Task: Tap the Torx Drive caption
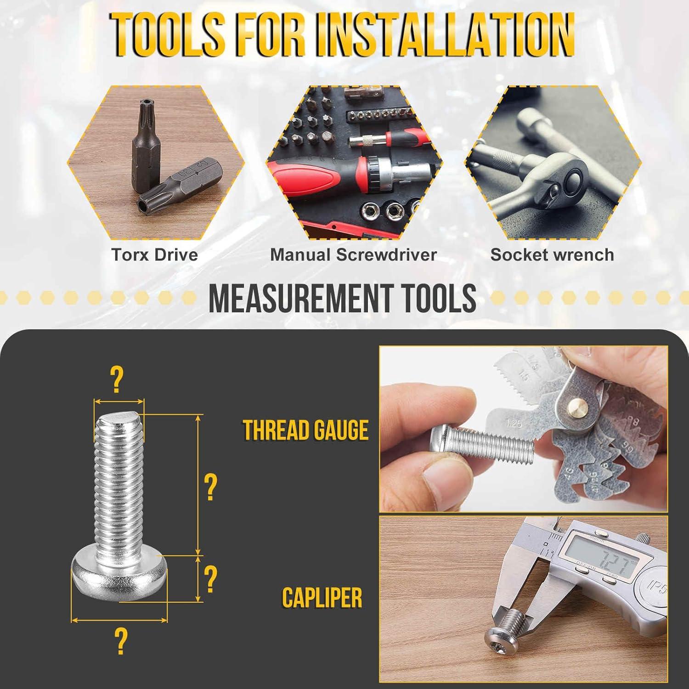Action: (x=155, y=254)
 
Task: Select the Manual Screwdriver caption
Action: (x=353, y=254)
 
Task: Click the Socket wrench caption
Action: (x=552, y=254)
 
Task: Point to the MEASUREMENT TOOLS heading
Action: (x=342, y=298)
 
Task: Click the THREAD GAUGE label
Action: (x=305, y=430)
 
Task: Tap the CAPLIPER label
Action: (x=322, y=598)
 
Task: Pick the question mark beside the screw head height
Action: (x=210, y=579)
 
